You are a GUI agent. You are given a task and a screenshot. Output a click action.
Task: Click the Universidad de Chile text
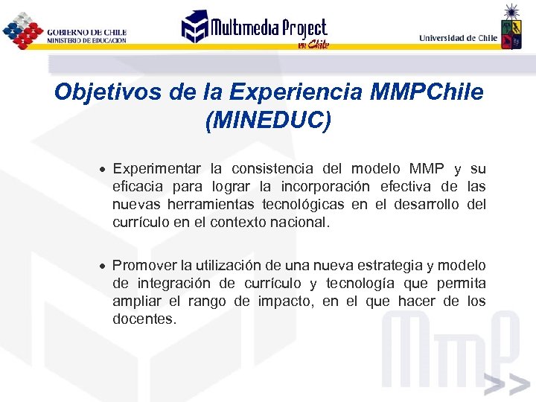pyautogui.click(x=458, y=38)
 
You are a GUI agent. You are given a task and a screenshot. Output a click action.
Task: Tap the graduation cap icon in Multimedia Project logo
pyautogui.click(x=195, y=27)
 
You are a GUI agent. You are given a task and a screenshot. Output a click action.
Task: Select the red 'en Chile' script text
pyautogui.click(x=312, y=45)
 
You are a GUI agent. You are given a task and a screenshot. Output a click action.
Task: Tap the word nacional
pyautogui.click(x=301, y=223)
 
